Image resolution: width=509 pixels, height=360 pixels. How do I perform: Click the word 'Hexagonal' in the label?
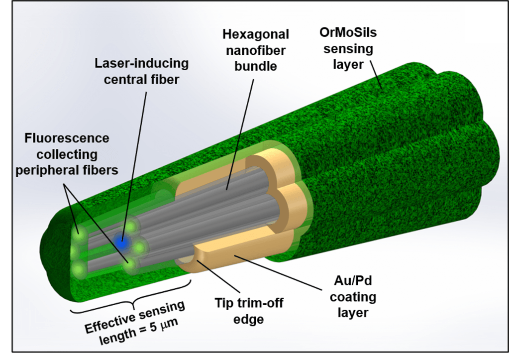tap(256, 34)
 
